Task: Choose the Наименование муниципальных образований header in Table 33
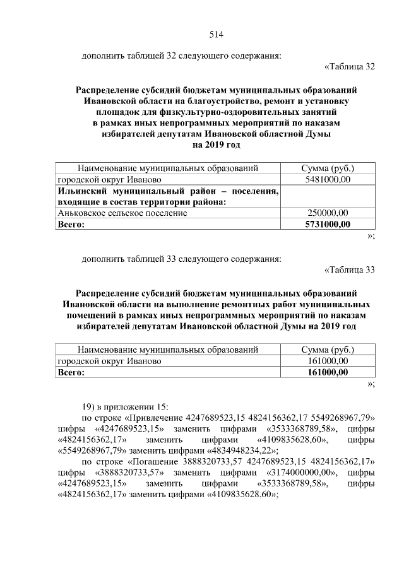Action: [168, 349]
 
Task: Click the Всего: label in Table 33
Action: [71, 372]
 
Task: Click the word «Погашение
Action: [151, 462]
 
